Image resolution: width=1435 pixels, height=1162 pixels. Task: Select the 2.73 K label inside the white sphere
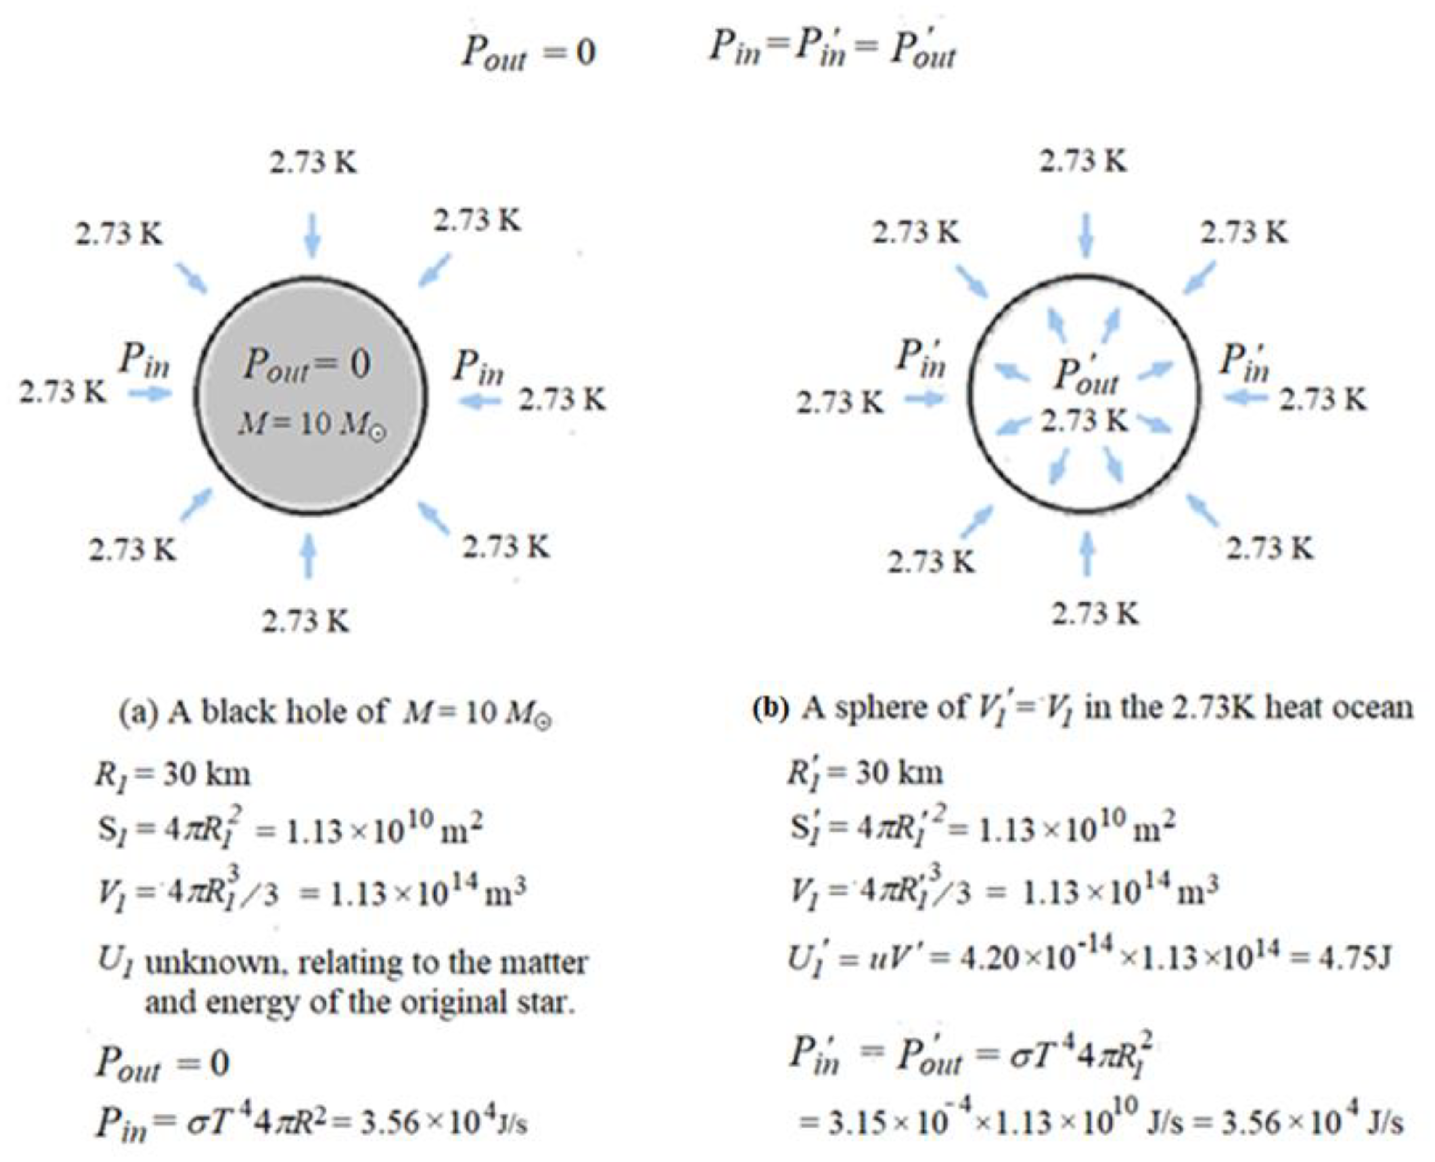click(1083, 421)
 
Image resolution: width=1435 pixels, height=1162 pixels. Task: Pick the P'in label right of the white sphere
click(1244, 362)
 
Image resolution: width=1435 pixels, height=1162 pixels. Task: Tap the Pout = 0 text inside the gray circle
click(307, 365)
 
